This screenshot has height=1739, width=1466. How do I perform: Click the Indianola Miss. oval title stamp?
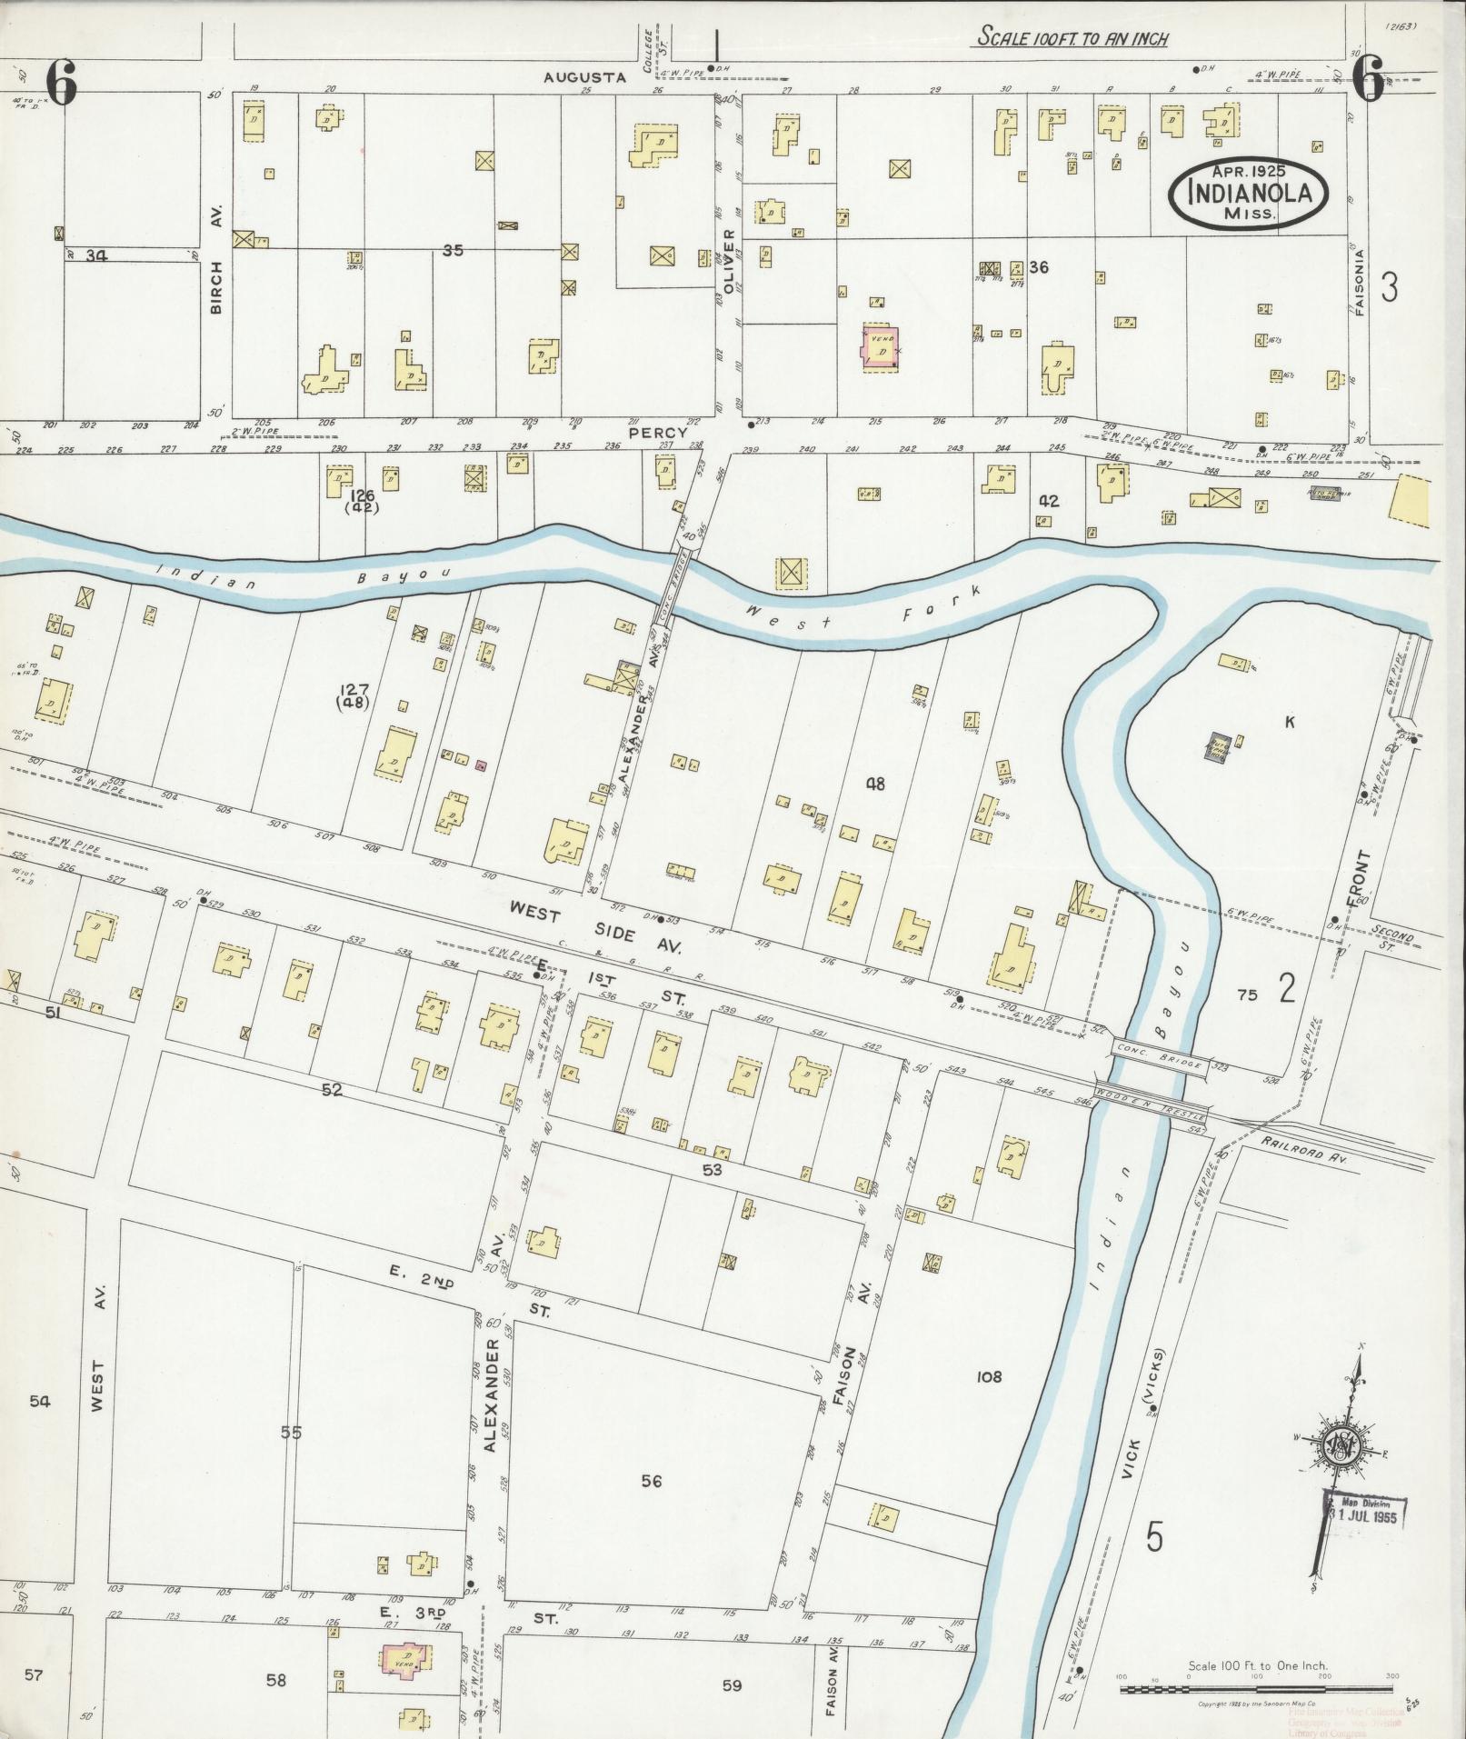1247,192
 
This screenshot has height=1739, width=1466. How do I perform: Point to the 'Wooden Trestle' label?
1151,1101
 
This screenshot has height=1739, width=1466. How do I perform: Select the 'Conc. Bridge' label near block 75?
1158,1060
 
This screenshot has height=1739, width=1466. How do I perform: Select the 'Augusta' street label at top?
584,77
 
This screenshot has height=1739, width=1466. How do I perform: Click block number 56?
651,1481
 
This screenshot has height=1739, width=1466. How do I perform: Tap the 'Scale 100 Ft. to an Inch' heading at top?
1072,38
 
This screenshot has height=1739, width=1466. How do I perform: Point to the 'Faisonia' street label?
1359,282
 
